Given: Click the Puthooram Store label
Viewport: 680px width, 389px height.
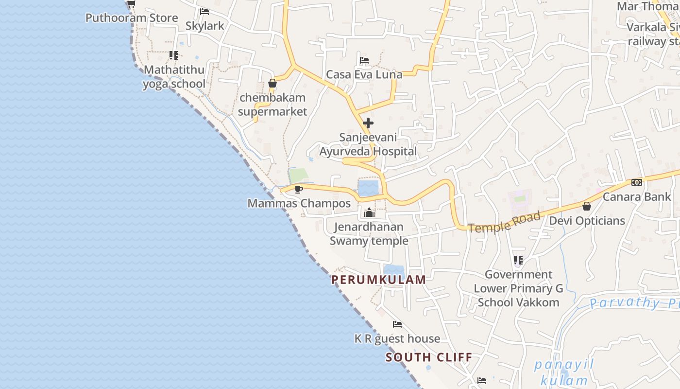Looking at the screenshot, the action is (132, 18).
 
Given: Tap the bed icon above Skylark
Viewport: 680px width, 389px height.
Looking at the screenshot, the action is (204, 11).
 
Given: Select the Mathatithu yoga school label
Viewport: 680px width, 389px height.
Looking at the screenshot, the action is (174, 77).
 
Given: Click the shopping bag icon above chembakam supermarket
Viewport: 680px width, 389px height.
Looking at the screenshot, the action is (272, 83).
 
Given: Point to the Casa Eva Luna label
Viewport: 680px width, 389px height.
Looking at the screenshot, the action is (364, 74).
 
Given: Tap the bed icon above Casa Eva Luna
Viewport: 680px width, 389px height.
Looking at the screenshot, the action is (364, 60).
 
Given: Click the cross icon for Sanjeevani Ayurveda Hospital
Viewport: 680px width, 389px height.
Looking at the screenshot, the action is (368, 123).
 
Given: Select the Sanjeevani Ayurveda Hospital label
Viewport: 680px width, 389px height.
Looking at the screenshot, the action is (368, 144).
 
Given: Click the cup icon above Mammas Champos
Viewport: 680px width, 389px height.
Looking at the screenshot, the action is (299, 189).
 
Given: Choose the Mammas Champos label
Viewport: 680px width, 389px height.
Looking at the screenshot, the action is (299, 203).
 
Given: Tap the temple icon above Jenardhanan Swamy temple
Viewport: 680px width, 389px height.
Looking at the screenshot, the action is (369, 212).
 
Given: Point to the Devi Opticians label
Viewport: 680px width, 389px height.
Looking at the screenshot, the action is (587, 221).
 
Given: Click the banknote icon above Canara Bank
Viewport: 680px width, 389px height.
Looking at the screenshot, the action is (636, 182).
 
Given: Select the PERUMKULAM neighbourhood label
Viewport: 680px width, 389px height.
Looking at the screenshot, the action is (378, 280).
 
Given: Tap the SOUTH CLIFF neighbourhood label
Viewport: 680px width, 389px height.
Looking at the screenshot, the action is (429, 357).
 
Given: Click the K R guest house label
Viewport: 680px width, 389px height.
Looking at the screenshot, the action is (397, 338).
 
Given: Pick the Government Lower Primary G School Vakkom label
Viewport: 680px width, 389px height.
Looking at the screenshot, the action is (518, 288).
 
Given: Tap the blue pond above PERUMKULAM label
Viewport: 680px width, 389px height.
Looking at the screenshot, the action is (394, 270).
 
